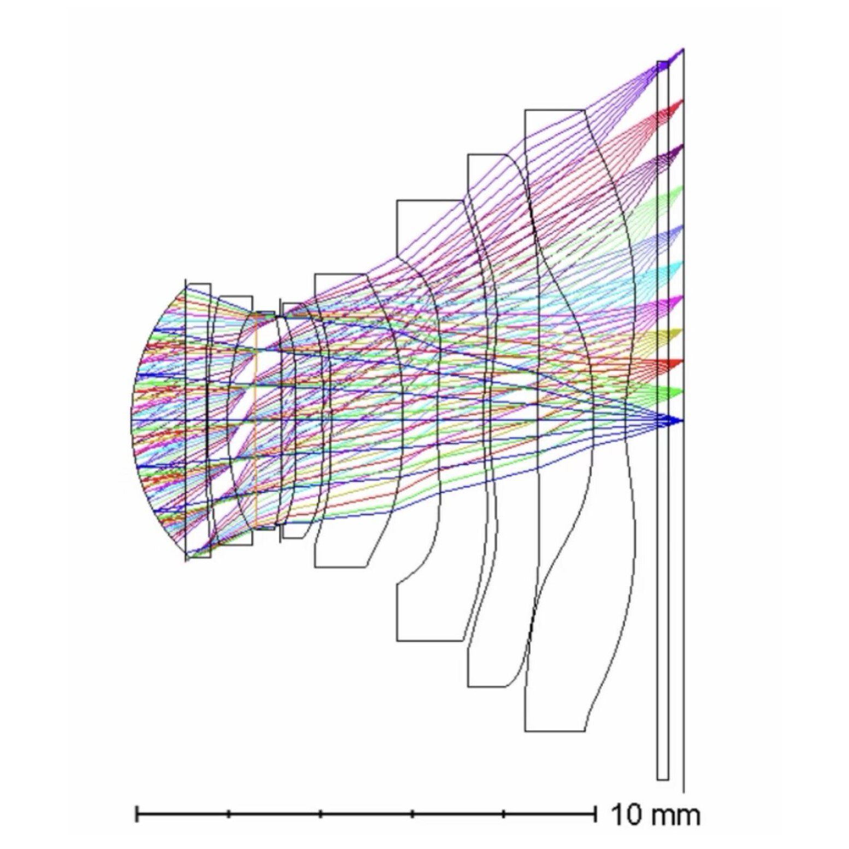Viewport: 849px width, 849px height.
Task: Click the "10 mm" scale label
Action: [x=655, y=815]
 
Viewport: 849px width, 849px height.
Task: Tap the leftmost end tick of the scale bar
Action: [x=137, y=814]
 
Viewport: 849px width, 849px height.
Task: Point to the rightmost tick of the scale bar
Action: [x=595, y=814]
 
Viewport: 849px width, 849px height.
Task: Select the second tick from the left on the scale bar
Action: [x=228, y=814]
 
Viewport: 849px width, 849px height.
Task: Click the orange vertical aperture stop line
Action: [x=255, y=421]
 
